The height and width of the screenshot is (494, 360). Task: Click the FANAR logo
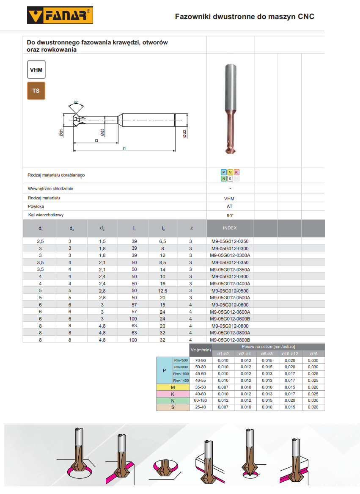(x=60, y=16)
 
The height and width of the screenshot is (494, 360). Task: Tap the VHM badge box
(x=36, y=70)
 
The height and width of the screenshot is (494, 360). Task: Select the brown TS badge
(x=36, y=91)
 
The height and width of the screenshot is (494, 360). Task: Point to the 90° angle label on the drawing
(x=76, y=102)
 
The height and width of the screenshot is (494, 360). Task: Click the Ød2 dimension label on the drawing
(x=184, y=134)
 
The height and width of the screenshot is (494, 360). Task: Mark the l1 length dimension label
(x=124, y=149)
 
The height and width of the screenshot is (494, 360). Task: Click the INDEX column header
(x=230, y=228)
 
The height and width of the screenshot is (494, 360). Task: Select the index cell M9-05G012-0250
(x=230, y=241)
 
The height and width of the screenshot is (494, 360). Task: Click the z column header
(x=191, y=228)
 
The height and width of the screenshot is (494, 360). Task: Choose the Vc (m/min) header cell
(x=201, y=350)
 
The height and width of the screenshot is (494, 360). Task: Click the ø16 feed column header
(x=313, y=353)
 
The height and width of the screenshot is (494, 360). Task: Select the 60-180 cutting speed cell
(x=200, y=400)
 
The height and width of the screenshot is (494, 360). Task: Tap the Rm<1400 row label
(x=181, y=381)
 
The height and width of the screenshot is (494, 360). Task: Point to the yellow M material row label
(x=173, y=387)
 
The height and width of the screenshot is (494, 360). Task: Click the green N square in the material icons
(x=223, y=179)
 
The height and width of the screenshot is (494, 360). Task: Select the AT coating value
(x=230, y=207)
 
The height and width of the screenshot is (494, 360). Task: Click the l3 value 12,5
(x=163, y=291)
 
